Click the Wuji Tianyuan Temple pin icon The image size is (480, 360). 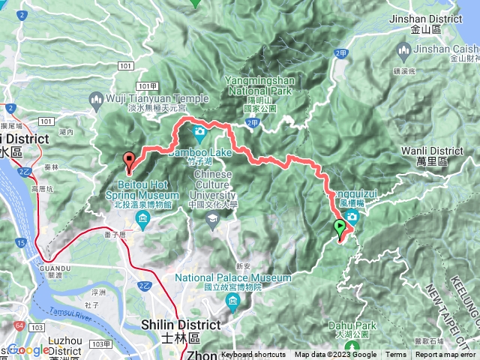click(96, 98)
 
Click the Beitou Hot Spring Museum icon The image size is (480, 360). click(142, 219)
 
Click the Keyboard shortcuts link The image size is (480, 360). click(253, 355)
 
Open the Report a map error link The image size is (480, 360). click(445, 355)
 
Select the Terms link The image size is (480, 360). click(396, 355)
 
